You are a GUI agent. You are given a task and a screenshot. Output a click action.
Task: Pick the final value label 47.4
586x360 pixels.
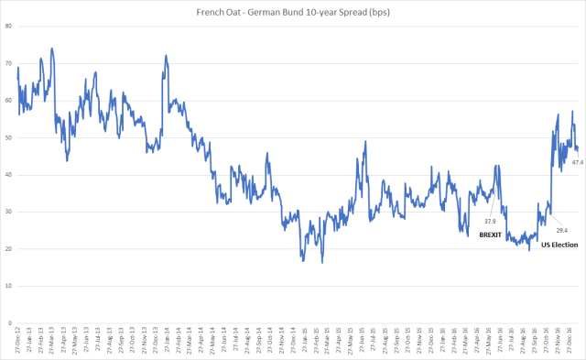(578, 162)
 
